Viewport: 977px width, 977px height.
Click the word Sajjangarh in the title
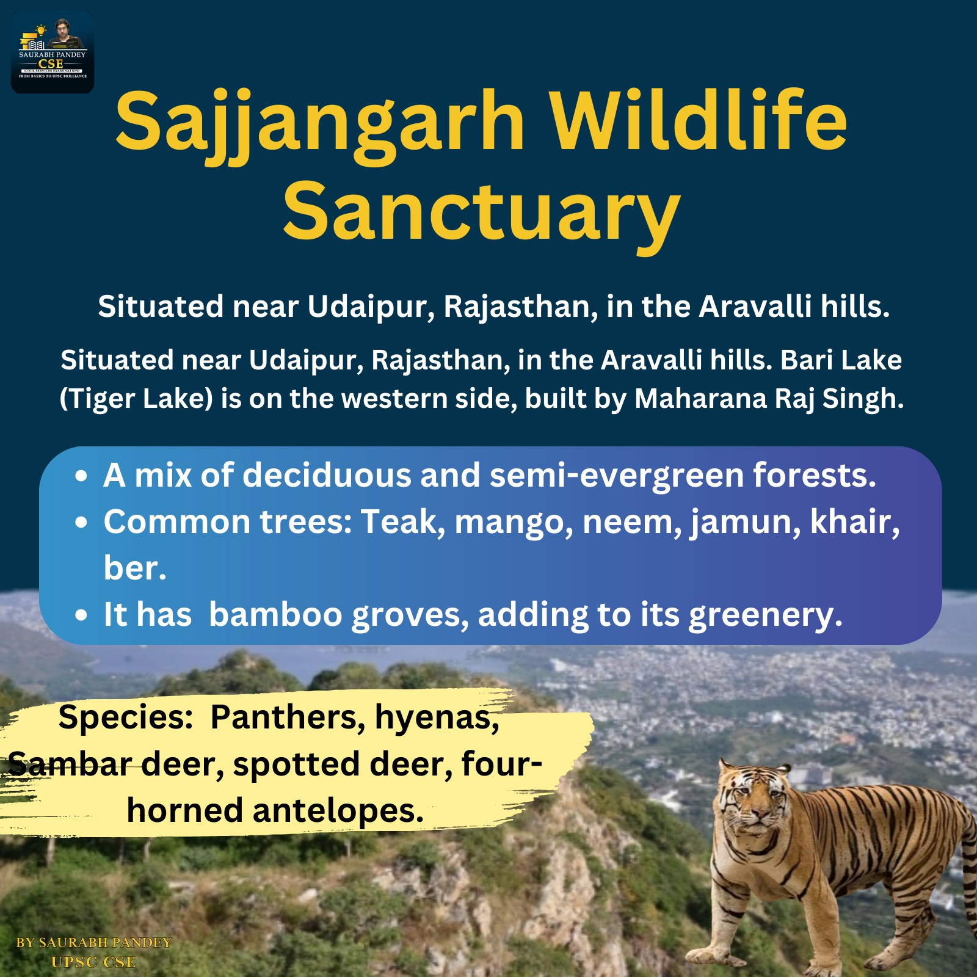(320, 122)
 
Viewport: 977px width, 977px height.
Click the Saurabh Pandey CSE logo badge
(53, 52)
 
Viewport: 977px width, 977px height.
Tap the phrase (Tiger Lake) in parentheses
(136, 399)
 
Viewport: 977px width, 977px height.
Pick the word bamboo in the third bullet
(275, 614)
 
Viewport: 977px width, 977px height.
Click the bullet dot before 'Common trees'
(81, 523)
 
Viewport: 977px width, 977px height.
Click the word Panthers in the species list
(288, 717)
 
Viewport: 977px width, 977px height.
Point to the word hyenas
(437, 717)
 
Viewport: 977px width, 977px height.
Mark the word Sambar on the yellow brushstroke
(70, 765)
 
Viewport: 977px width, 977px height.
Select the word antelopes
(338, 812)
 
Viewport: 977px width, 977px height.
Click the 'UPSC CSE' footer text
(93, 962)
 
